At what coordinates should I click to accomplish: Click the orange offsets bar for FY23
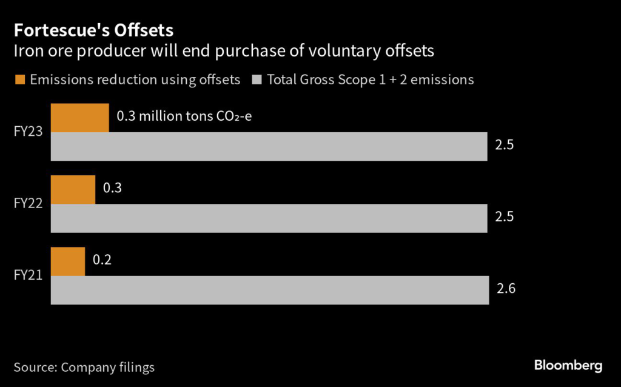(79, 118)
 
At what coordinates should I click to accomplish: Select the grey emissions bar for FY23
(269, 146)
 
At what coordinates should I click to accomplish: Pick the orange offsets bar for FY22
(73, 189)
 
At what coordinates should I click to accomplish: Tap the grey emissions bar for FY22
(269, 218)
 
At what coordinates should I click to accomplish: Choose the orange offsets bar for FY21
(68, 261)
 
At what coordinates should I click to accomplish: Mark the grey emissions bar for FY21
(270, 290)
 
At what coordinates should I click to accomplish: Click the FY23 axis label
(28, 132)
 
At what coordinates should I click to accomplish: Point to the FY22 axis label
(28, 203)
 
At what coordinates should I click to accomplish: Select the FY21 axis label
(28, 275)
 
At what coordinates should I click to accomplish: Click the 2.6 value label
(506, 289)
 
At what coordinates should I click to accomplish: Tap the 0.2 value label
(102, 260)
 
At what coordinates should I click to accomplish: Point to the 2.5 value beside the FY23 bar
(505, 146)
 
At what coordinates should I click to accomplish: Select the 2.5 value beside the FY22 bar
(505, 217)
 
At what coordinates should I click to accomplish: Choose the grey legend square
(257, 79)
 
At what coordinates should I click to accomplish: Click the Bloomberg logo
(568, 365)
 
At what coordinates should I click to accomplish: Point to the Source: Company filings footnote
(84, 367)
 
